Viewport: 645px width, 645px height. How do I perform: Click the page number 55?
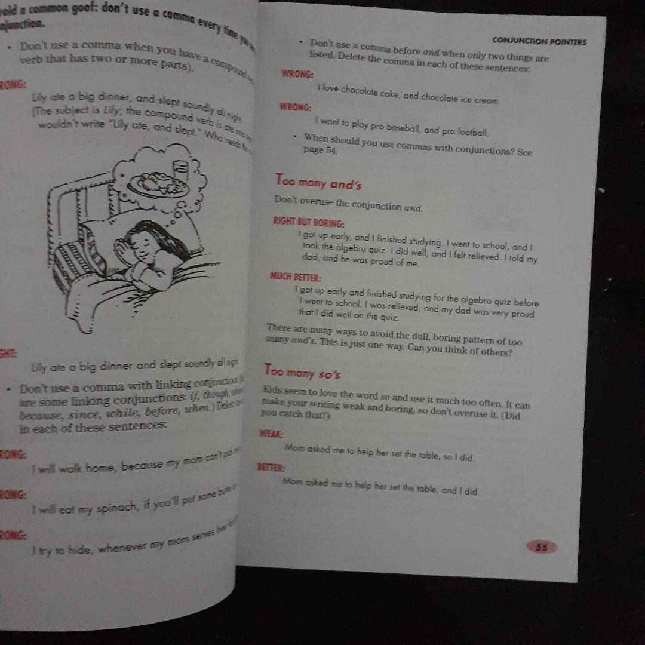[x=542, y=546]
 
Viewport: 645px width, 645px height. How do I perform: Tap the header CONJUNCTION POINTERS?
[x=539, y=42]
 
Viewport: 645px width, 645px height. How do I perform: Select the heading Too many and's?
[x=318, y=181]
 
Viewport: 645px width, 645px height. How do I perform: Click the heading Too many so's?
[x=302, y=373]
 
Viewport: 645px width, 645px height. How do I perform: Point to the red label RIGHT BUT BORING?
[x=308, y=223]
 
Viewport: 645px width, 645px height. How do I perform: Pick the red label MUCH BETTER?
[x=295, y=277]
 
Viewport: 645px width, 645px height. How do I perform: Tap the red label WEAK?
[x=271, y=434]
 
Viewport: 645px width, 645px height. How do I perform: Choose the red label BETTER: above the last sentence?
[x=271, y=467]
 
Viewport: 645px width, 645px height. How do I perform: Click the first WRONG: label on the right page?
[x=297, y=74]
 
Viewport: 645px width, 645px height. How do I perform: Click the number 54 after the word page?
[x=332, y=150]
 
